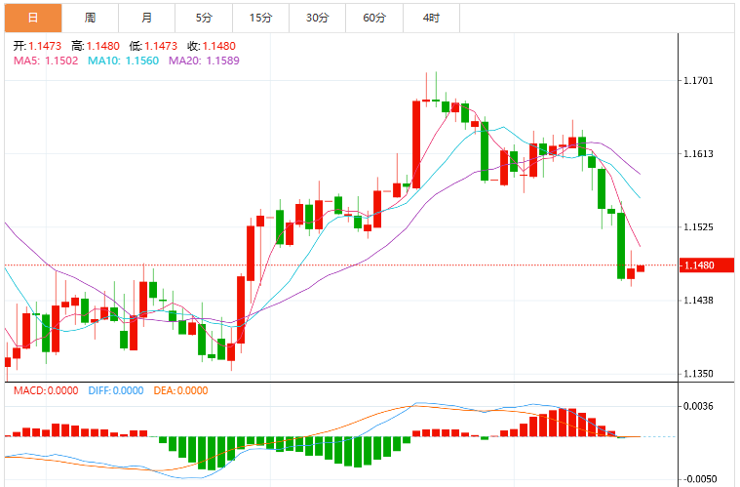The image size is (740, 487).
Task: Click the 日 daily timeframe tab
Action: pyautogui.click(x=33, y=18)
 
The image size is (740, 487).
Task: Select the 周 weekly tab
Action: pyautogui.click(x=90, y=18)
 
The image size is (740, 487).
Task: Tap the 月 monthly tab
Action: pyautogui.click(x=147, y=18)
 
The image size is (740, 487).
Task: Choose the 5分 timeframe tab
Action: pyautogui.click(x=204, y=18)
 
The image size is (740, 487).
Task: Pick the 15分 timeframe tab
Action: pyautogui.click(x=261, y=18)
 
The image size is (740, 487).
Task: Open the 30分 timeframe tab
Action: pyautogui.click(x=318, y=18)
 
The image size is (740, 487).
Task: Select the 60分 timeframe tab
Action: pyautogui.click(x=374, y=18)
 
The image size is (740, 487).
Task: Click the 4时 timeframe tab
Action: pyautogui.click(x=431, y=18)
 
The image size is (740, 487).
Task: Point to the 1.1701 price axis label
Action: pyautogui.click(x=698, y=81)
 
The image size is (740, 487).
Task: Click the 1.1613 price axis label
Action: pyautogui.click(x=698, y=154)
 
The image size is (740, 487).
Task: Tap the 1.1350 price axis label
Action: pyautogui.click(x=698, y=374)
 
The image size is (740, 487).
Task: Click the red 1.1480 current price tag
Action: pyautogui.click(x=707, y=265)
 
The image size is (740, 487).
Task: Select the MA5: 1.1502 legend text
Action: pyautogui.click(x=46, y=61)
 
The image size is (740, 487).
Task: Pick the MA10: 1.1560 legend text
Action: pyautogui.click(x=123, y=61)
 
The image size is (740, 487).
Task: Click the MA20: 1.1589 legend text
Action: pyautogui.click(x=204, y=61)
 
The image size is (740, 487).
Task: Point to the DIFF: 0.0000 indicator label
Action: pyautogui.click(x=116, y=390)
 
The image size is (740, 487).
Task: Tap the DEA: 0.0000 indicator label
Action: pyautogui.click(x=180, y=390)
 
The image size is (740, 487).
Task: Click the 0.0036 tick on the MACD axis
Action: pyautogui.click(x=698, y=406)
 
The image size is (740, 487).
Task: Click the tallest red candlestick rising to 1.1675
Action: pyautogui.click(x=416, y=144)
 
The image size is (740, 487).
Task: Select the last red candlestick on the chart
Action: pyautogui.click(x=641, y=268)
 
